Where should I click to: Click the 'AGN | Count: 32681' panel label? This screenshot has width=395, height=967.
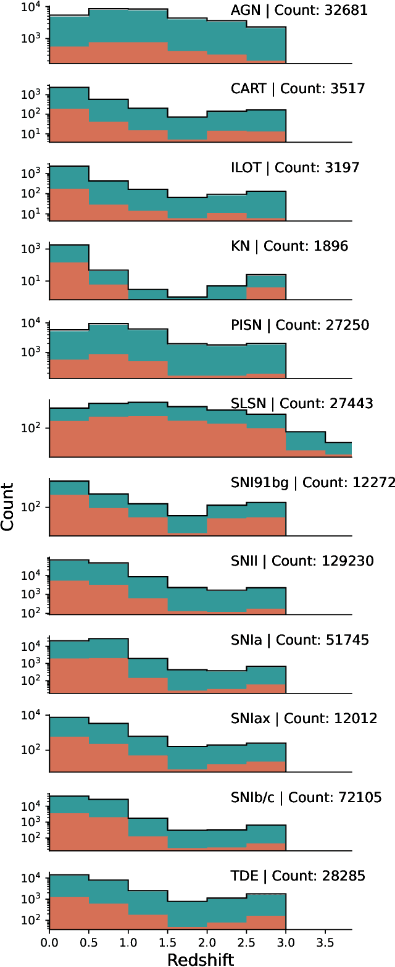(x=298, y=10)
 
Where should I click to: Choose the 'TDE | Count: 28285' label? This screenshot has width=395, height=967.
(x=297, y=876)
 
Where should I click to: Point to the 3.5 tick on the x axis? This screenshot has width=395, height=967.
(x=326, y=943)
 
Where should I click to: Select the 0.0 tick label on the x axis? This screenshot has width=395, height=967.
(x=49, y=943)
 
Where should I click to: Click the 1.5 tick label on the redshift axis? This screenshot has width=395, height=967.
(x=168, y=943)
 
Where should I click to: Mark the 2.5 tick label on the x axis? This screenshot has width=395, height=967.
(x=247, y=943)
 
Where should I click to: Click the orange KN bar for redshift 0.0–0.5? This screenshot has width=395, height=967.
(x=69, y=282)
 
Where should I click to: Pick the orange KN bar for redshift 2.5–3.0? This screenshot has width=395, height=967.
(x=266, y=294)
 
